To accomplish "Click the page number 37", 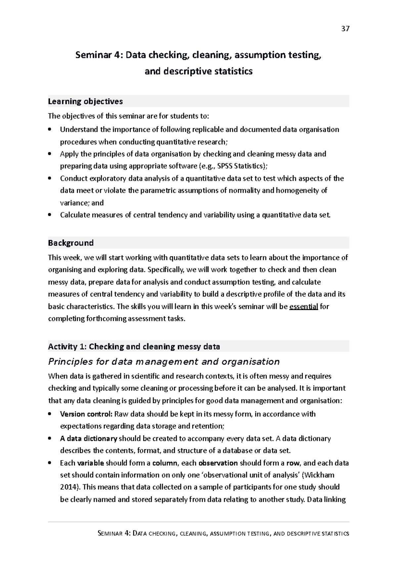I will tap(345, 29).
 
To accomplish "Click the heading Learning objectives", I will tap(85, 101).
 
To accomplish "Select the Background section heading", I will tap(71, 243).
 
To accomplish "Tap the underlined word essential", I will tap(304, 307).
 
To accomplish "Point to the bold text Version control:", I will tap(86, 414).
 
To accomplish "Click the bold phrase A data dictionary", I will tap(89, 438).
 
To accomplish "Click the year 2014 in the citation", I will tap(67, 487).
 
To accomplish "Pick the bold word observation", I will tap(218, 463).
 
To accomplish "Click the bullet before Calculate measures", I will tap(50, 215).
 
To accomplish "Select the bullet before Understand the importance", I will tap(50, 130).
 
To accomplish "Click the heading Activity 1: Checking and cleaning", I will tap(134, 347).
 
